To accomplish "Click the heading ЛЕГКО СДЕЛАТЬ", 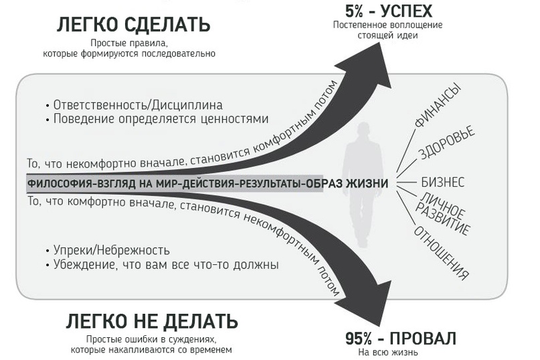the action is [133, 25].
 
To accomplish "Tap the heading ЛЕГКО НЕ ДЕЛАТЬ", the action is [152, 321].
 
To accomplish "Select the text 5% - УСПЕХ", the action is [389, 11].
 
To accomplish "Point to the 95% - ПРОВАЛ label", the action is [401, 339].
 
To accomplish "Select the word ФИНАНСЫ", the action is [438, 105].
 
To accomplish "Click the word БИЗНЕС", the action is [443, 182].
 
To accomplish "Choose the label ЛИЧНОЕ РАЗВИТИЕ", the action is [442, 213].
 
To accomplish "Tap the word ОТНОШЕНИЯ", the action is [442, 252].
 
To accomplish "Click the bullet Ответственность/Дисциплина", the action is [134, 105].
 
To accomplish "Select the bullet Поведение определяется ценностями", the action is [157, 119].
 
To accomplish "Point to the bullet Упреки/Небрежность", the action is [108, 250].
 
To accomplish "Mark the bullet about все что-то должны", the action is [162, 264].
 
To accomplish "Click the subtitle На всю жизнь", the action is [388, 353].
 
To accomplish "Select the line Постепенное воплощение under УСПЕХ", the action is [388, 25].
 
